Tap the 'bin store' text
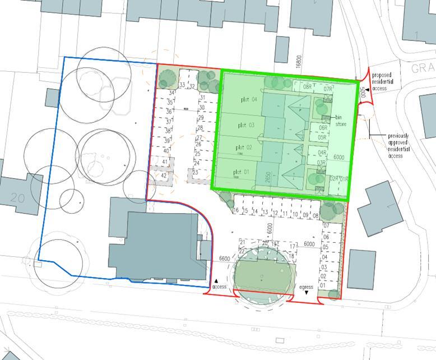pyautogui.click(x=341, y=121)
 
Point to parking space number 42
pyautogui.click(x=164, y=175)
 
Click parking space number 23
pyautogui.click(x=196, y=172)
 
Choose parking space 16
pyautogui.click(x=236, y=211)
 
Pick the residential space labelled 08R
pyautogui.click(x=307, y=86)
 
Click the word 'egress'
pyautogui.click(x=306, y=287)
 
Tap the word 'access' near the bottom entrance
pyautogui.click(x=219, y=287)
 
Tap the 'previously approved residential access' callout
pyautogui.click(x=398, y=146)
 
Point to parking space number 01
pyautogui.click(x=322, y=285)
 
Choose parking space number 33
pyautogui.click(x=182, y=85)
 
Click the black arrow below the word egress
pyautogui.click(x=307, y=293)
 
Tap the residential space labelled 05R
pyautogui.click(x=322, y=137)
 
